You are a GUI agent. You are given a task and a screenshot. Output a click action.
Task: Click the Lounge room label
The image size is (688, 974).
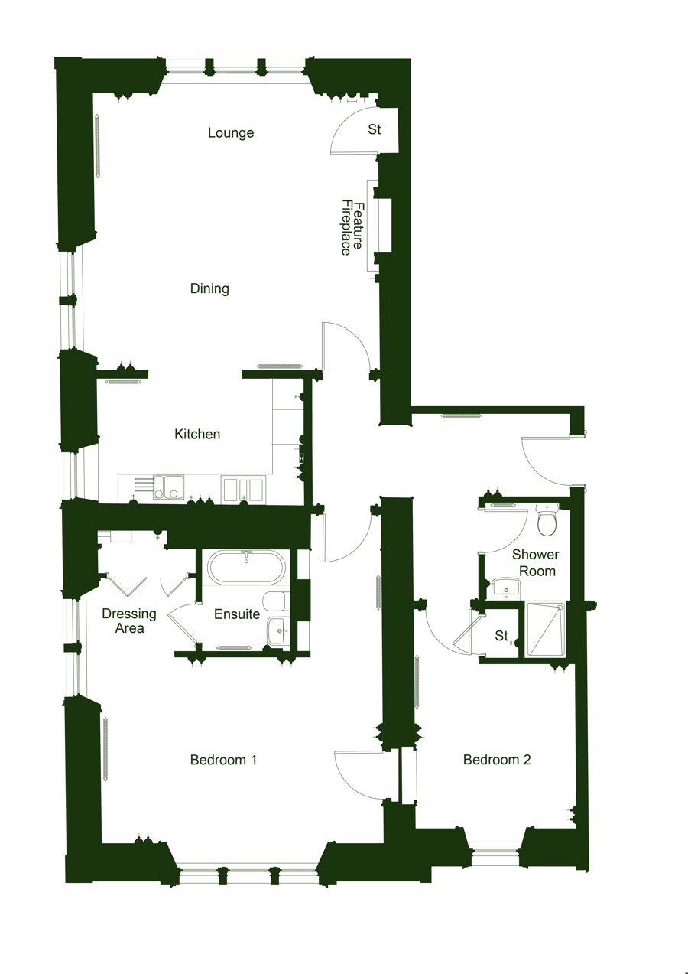(231, 133)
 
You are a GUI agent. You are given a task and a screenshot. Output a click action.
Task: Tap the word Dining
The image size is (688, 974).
(209, 288)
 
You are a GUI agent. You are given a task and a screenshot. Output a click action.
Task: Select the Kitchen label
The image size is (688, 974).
(197, 434)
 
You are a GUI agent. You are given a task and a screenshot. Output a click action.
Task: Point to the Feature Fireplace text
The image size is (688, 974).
(351, 227)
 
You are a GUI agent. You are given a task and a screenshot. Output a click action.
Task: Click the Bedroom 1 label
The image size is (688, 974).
(223, 760)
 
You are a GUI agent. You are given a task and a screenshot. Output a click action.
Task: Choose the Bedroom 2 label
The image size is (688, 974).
(497, 760)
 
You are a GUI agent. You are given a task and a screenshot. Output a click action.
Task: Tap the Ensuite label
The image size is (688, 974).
(237, 614)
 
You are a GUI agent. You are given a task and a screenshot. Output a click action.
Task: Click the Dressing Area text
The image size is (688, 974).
(129, 621)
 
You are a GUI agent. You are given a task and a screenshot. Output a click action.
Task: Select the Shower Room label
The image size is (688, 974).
(535, 562)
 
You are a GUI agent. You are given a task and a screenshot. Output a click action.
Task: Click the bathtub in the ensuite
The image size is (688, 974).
(247, 568)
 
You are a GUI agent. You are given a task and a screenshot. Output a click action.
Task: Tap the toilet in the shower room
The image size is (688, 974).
(547, 521)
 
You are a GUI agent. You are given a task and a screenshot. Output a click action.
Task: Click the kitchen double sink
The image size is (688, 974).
(168, 487)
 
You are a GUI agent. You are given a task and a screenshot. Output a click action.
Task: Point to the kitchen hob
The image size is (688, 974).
(242, 488)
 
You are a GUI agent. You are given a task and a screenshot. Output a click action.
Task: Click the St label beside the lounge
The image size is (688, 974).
(375, 130)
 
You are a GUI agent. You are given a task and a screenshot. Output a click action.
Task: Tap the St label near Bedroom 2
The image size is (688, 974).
(501, 636)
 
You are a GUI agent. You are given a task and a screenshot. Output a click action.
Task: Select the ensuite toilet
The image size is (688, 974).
(274, 599)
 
